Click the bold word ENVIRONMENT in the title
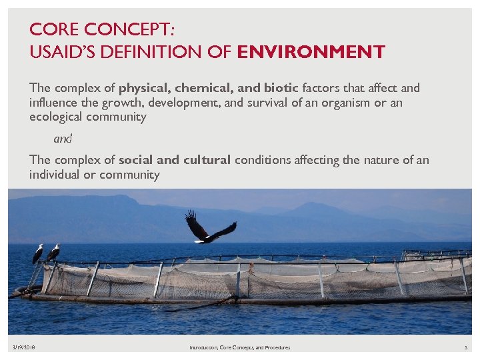pos(311,51)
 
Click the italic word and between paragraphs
pos(63,139)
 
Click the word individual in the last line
pos(54,175)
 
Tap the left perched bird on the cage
pos(38,253)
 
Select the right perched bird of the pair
pos(53,252)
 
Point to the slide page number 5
pos(467,347)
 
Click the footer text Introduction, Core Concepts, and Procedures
pos(240,347)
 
